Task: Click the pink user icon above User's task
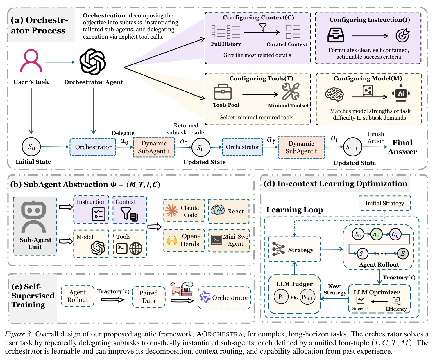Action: [31, 60]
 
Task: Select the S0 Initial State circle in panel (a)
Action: [31, 147]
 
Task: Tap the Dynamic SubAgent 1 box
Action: [154, 147]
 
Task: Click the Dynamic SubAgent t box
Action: [301, 147]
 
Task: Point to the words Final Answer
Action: [402, 147]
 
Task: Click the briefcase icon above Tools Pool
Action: [223, 92]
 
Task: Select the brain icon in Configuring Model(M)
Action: [334, 95]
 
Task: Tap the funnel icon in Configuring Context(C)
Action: [263, 27]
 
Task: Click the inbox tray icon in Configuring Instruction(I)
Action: [336, 35]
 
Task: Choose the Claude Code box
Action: [184, 210]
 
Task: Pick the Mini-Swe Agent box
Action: [229, 240]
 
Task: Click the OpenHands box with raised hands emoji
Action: [184, 240]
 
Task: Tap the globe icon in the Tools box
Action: [136, 249]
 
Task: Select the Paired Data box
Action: [149, 297]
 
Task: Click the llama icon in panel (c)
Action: [176, 289]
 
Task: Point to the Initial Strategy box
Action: [384, 203]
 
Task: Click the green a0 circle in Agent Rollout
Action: [376, 234]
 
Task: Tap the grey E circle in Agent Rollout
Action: [403, 254]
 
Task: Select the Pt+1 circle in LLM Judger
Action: [307, 297]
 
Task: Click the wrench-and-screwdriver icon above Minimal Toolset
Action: [291, 91]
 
